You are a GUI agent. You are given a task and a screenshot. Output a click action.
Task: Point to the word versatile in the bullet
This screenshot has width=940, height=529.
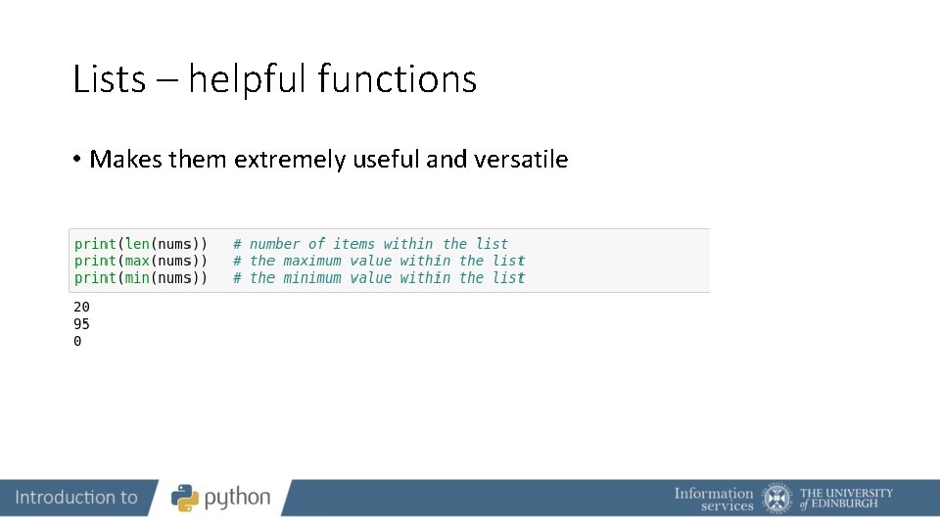tap(520, 160)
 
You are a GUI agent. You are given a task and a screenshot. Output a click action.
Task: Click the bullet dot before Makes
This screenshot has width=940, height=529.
tap(76, 160)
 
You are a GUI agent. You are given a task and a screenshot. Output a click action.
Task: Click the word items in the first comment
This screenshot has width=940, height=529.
tap(353, 244)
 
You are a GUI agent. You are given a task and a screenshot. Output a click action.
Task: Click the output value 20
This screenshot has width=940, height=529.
tap(82, 308)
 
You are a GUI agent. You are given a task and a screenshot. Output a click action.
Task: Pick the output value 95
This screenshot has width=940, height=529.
tap(82, 324)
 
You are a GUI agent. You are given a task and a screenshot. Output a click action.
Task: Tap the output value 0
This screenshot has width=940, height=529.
tap(78, 342)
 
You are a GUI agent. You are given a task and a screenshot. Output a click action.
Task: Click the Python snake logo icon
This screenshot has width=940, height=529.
tap(185, 498)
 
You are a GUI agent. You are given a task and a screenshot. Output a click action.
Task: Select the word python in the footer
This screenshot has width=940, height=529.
tap(237, 498)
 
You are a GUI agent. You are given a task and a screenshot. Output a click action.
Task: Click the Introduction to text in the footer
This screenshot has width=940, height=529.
tap(76, 498)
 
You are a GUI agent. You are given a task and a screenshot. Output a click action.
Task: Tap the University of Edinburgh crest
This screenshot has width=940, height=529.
tap(777, 498)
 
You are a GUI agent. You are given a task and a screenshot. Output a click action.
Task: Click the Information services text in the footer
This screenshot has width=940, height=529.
tap(714, 499)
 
